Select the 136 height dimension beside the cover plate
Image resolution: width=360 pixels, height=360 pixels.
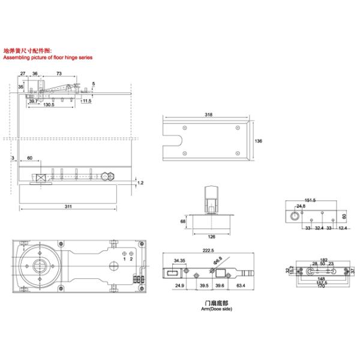point(258,141)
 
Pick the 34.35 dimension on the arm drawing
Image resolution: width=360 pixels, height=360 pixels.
point(178,261)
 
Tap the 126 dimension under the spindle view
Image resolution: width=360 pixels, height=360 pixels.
point(212,236)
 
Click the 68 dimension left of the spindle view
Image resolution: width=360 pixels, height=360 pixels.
point(183,221)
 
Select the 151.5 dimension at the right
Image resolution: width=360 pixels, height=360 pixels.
point(311,201)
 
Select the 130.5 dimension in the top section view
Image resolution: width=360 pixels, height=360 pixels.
point(49,104)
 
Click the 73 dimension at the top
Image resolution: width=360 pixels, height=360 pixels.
point(59,73)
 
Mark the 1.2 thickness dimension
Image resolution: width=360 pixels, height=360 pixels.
point(141,182)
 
